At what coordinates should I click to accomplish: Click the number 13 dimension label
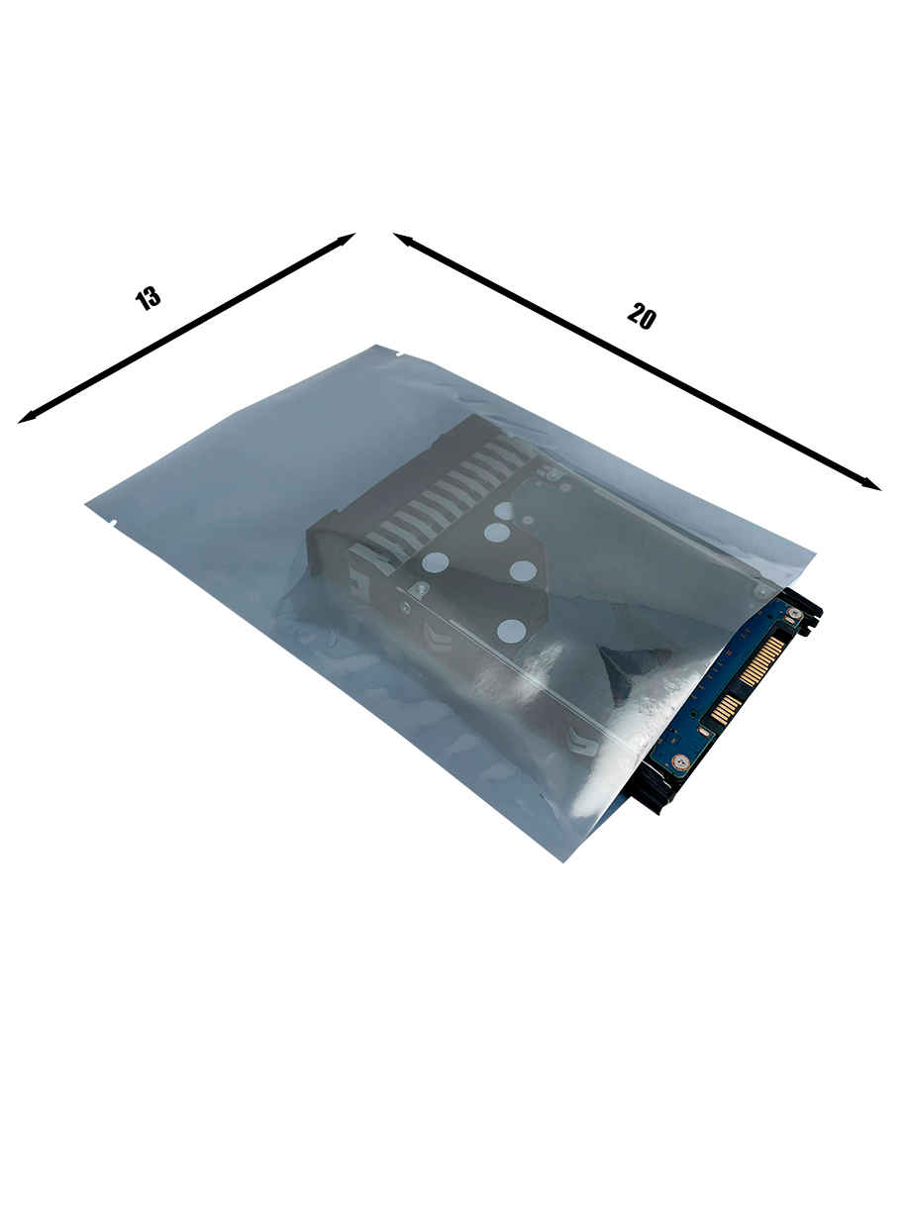148,298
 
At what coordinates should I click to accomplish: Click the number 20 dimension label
642,316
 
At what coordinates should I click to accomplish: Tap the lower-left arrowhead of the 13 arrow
27,418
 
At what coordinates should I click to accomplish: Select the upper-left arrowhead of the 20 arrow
403,239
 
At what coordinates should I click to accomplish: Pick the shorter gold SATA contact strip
724,709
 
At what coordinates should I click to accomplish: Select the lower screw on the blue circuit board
680,762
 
